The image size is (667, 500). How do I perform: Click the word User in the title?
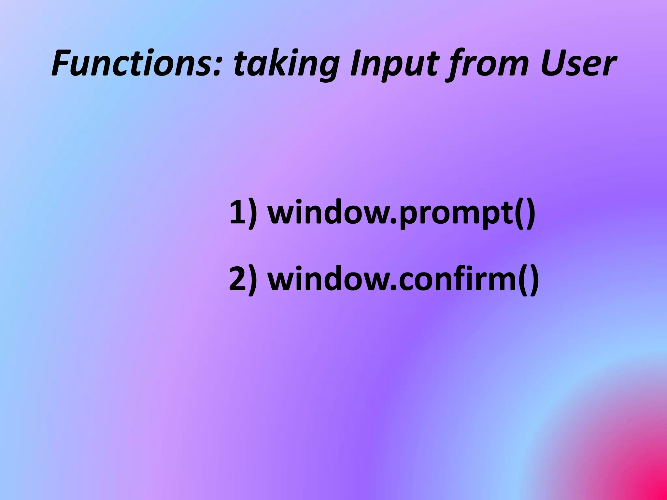[x=576, y=63]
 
